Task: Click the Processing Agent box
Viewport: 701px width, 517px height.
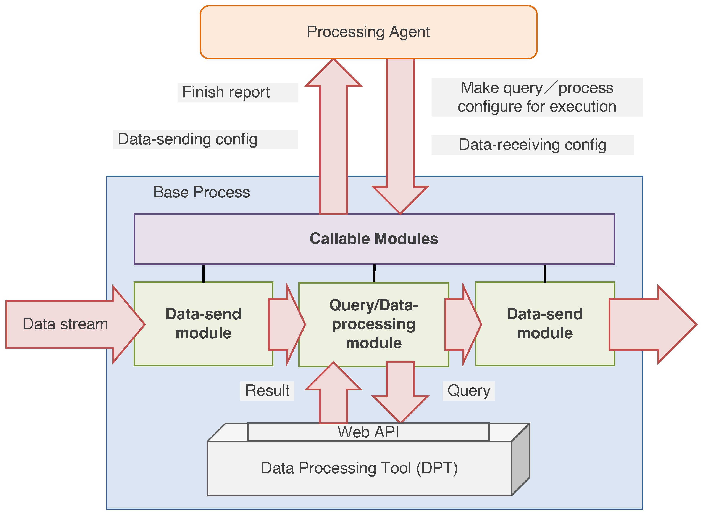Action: click(368, 32)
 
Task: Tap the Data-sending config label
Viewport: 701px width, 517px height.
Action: click(188, 139)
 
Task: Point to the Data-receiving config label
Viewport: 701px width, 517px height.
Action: click(533, 145)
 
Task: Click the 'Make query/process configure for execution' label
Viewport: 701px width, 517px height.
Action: click(537, 97)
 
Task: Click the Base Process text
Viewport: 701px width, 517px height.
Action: click(201, 192)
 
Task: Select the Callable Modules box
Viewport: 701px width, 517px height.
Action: click(374, 239)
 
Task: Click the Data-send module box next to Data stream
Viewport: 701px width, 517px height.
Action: click(203, 324)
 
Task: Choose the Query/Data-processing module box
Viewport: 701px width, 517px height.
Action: click(373, 324)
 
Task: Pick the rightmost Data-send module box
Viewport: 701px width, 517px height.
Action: click(545, 324)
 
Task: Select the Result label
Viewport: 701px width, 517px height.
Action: click(267, 391)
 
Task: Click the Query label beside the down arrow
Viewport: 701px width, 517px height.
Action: click(468, 391)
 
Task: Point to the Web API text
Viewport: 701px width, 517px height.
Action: click(368, 432)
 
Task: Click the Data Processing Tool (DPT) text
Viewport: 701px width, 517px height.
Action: click(359, 468)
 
